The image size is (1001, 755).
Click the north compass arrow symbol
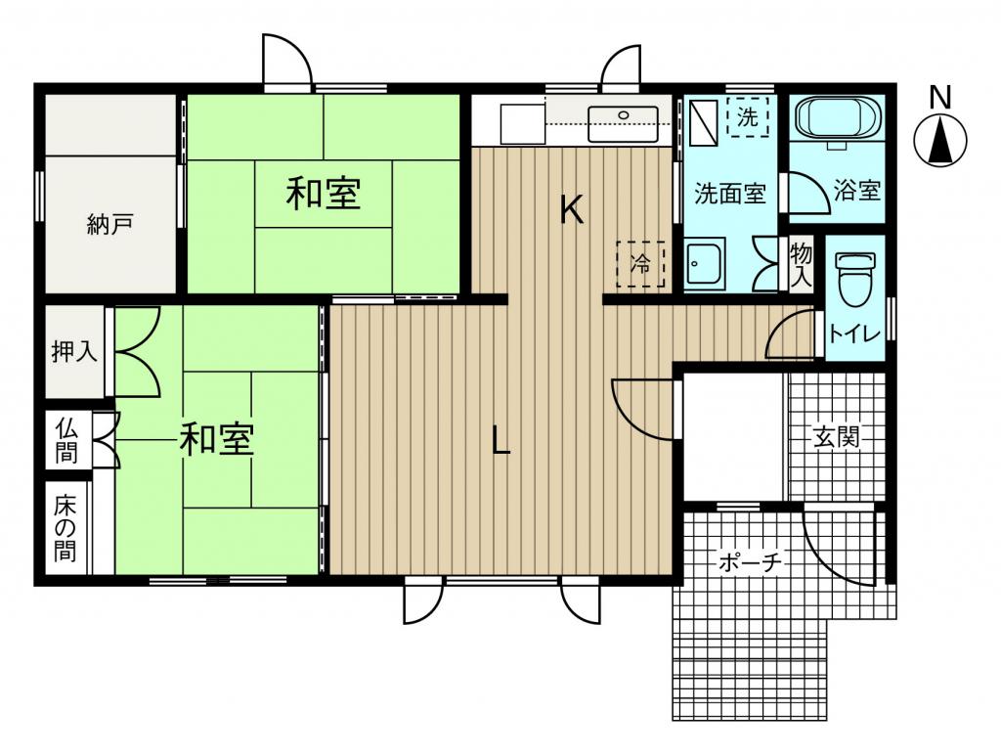pyautogui.click(x=939, y=141)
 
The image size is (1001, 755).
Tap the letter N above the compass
pyautogui.click(x=939, y=98)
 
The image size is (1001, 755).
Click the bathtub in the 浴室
pyautogui.click(x=838, y=119)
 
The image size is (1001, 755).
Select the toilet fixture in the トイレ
pyautogui.click(x=854, y=279)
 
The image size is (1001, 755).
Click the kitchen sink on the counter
pyautogui.click(x=623, y=123)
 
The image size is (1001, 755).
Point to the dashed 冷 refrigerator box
pyautogui.click(x=640, y=264)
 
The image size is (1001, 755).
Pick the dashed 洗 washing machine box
pyautogui.click(x=748, y=116)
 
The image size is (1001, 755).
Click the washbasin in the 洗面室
pyautogui.click(x=704, y=263)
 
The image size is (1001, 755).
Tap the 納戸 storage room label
pyautogui.click(x=109, y=226)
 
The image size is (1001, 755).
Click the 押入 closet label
pyautogui.click(x=74, y=351)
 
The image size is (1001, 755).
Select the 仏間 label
pyautogui.click(x=65, y=441)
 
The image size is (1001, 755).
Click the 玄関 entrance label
pyautogui.click(x=836, y=437)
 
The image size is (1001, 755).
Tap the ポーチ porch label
pyautogui.click(x=750, y=562)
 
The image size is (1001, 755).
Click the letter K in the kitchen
pyautogui.click(x=571, y=209)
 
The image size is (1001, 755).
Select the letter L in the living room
pyautogui.click(x=501, y=440)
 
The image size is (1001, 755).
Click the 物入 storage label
pyautogui.click(x=802, y=264)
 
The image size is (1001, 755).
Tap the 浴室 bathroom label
pyautogui.click(x=856, y=191)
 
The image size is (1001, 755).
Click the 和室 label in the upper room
pyautogui.click(x=324, y=193)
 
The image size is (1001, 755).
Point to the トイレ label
pyautogui.click(x=854, y=333)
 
